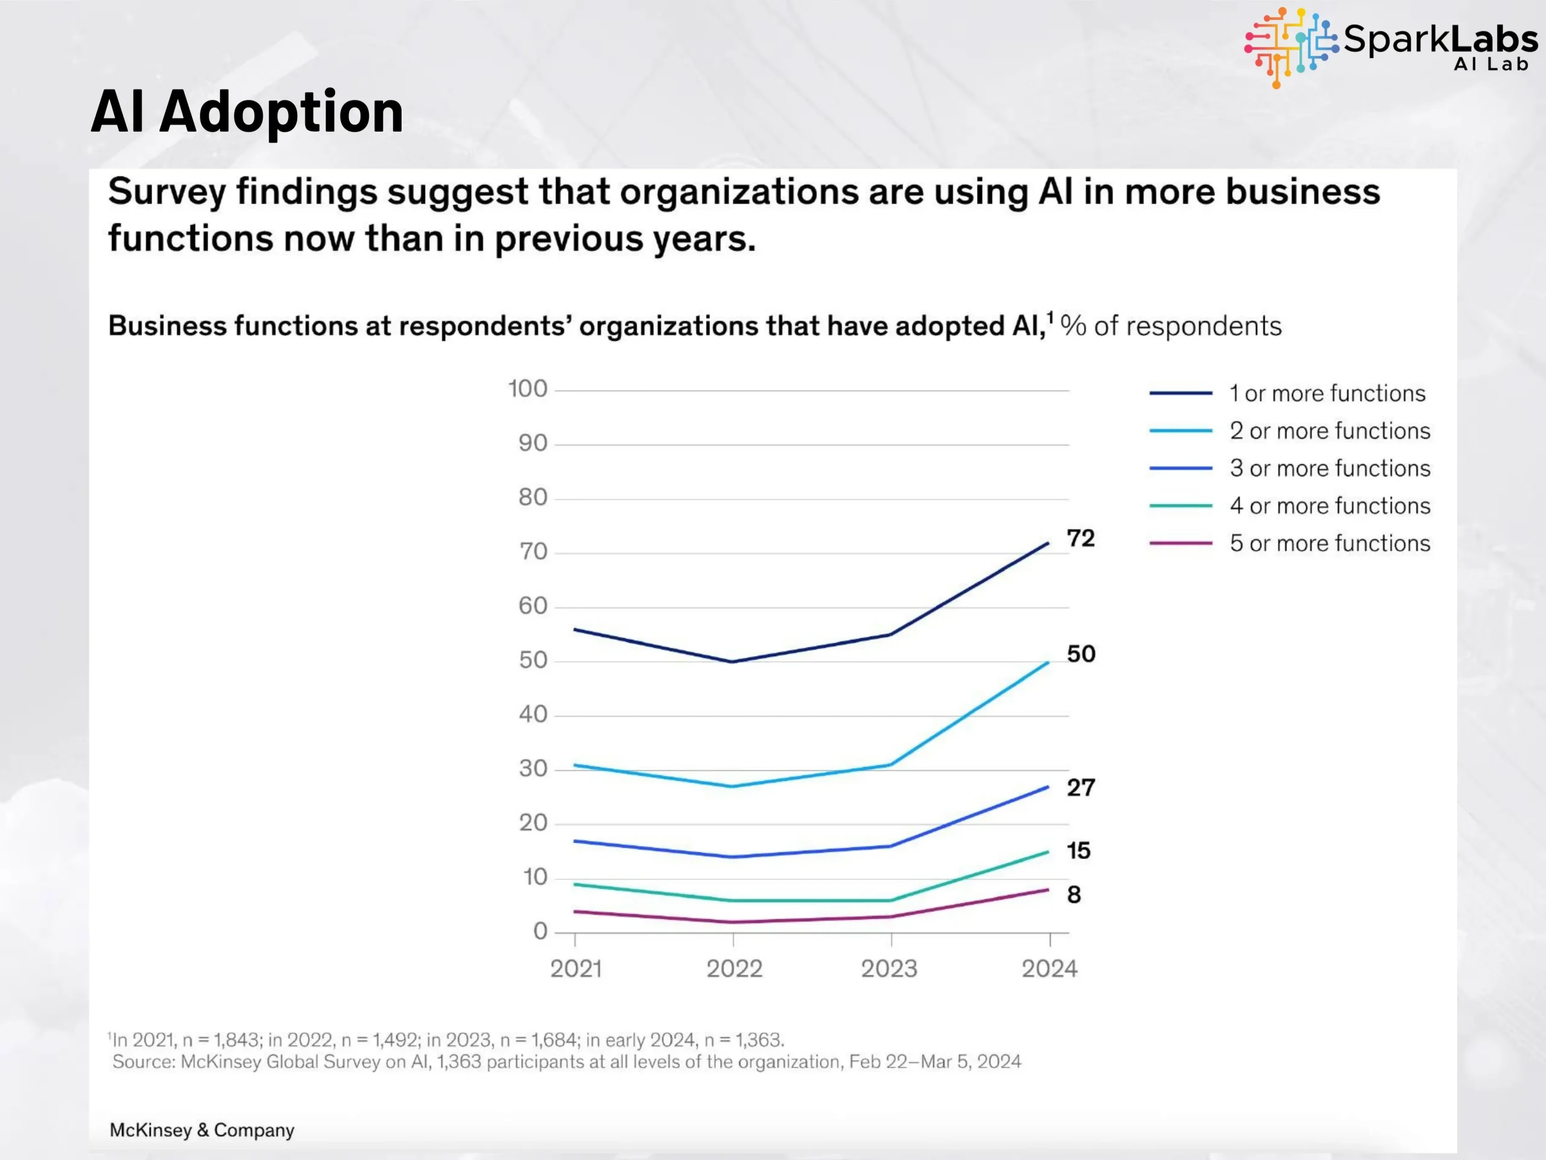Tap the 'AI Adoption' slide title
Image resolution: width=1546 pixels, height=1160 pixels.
[248, 112]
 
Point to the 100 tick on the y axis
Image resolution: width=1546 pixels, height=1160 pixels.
[528, 388]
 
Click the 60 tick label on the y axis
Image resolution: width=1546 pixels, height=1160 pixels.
[533, 605]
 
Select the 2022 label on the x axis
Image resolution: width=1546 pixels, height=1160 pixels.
[734, 969]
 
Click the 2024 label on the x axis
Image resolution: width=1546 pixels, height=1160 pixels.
[1049, 969]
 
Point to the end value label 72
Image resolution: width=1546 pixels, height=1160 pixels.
[1080, 538]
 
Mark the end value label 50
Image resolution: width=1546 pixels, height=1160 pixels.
[1080, 654]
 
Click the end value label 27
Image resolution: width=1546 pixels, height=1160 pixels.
[1080, 788]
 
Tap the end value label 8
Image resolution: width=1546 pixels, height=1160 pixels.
[1074, 895]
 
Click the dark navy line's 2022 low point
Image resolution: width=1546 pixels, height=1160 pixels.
[733, 662]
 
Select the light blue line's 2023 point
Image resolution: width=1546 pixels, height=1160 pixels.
[890, 765]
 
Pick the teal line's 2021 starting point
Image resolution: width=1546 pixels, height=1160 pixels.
[574, 884]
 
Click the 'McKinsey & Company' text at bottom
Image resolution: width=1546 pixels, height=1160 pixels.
[202, 1130]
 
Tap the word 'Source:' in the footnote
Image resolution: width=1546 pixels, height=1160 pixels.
[144, 1062]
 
